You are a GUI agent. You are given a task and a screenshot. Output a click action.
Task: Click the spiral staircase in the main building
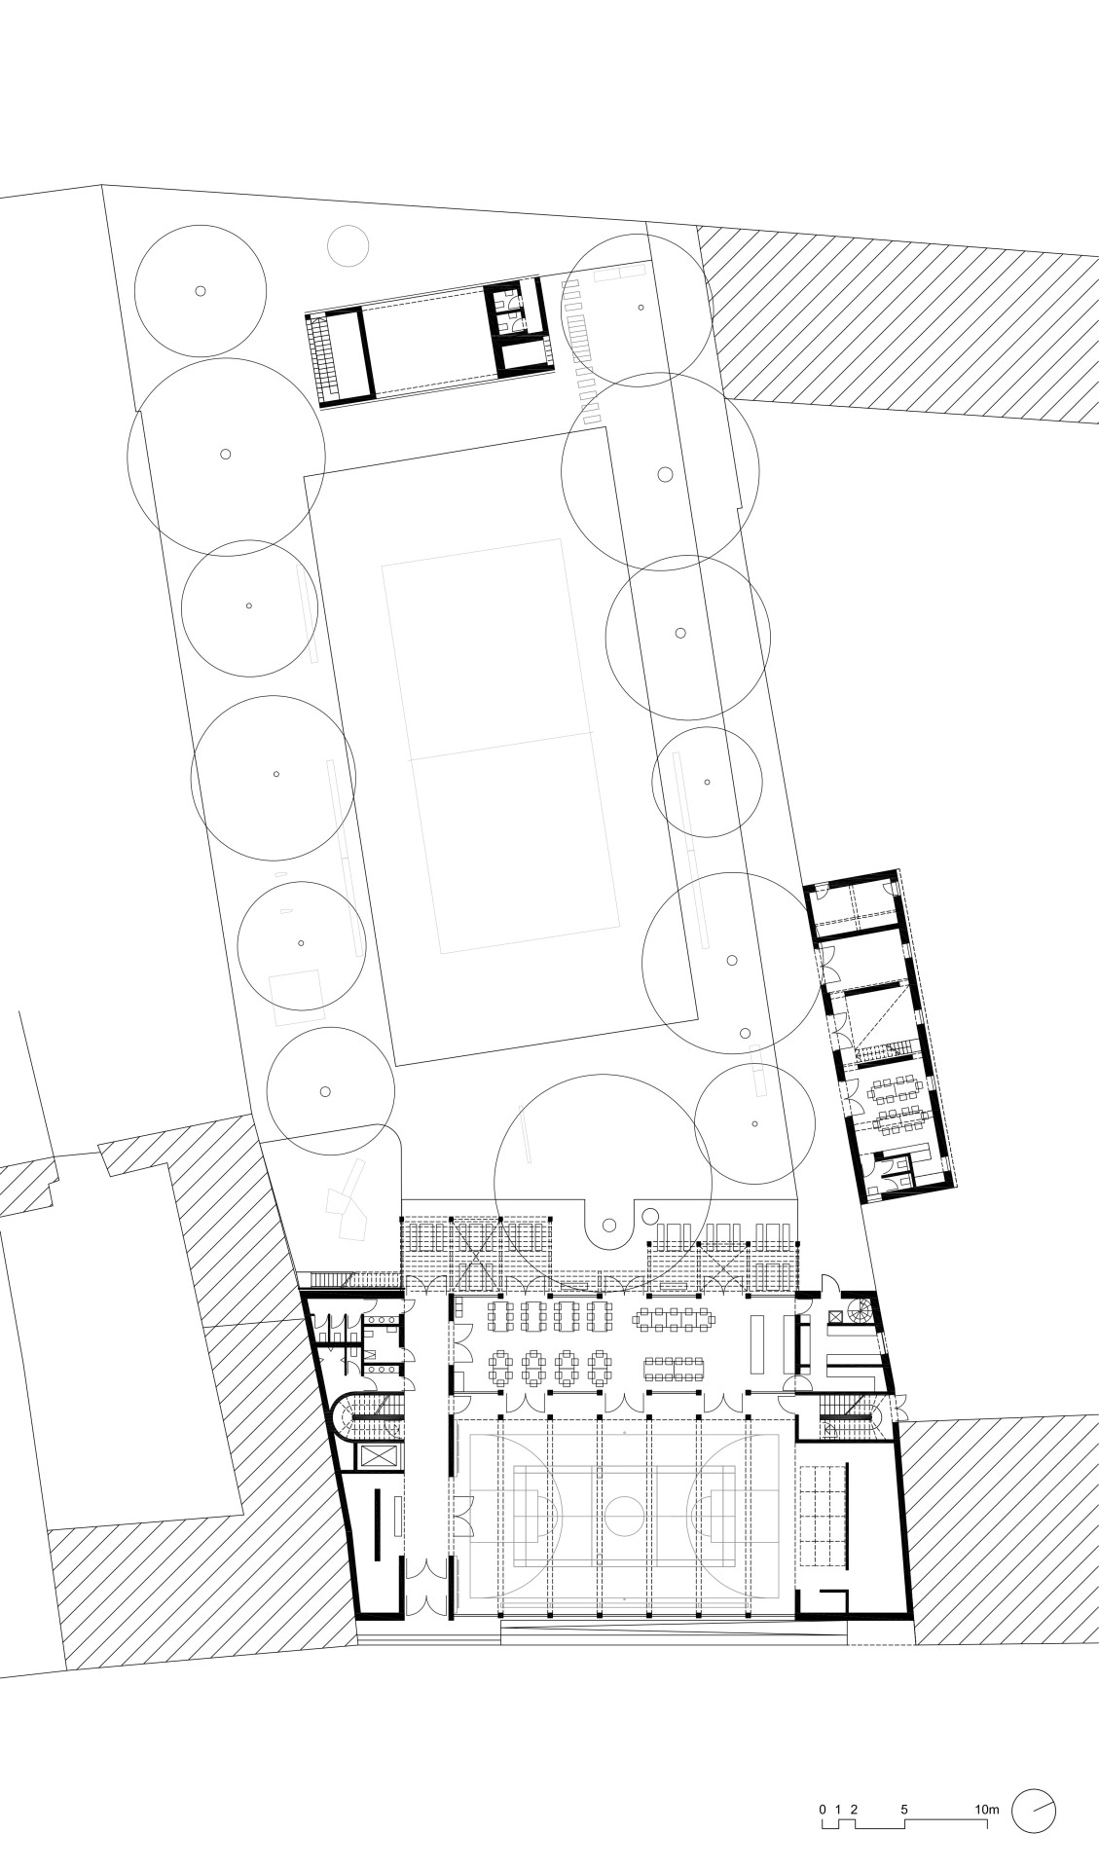[x=860, y=1311]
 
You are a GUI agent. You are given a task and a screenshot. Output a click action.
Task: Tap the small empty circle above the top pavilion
[x=348, y=244]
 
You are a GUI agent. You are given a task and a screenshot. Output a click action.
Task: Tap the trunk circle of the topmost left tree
[x=200, y=290]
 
